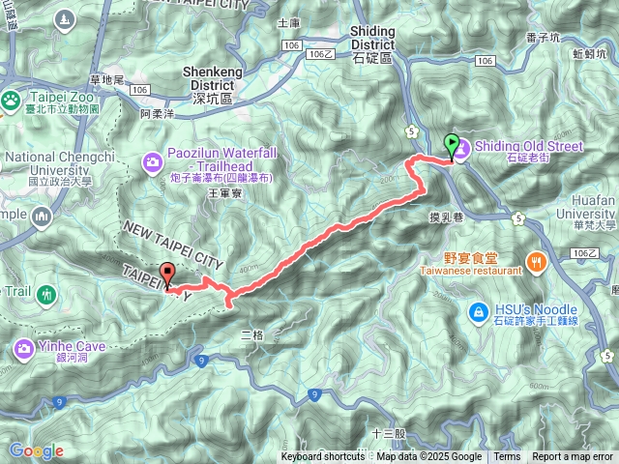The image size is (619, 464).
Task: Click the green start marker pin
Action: coord(451,147)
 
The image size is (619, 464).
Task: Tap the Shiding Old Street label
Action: coord(528,147)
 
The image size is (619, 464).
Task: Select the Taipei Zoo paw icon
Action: coord(11,98)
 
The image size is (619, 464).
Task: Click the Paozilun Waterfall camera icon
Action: coord(153,161)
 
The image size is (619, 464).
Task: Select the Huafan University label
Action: coord(587,212)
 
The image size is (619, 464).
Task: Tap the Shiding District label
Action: coord(372,38)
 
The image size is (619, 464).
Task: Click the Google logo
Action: coord(36,450)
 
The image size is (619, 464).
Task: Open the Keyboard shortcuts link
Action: coord(323,457)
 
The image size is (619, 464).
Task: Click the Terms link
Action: coord(507,457)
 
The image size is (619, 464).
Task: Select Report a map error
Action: coord(573,457)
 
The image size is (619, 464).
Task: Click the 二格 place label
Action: coord(251,333)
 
